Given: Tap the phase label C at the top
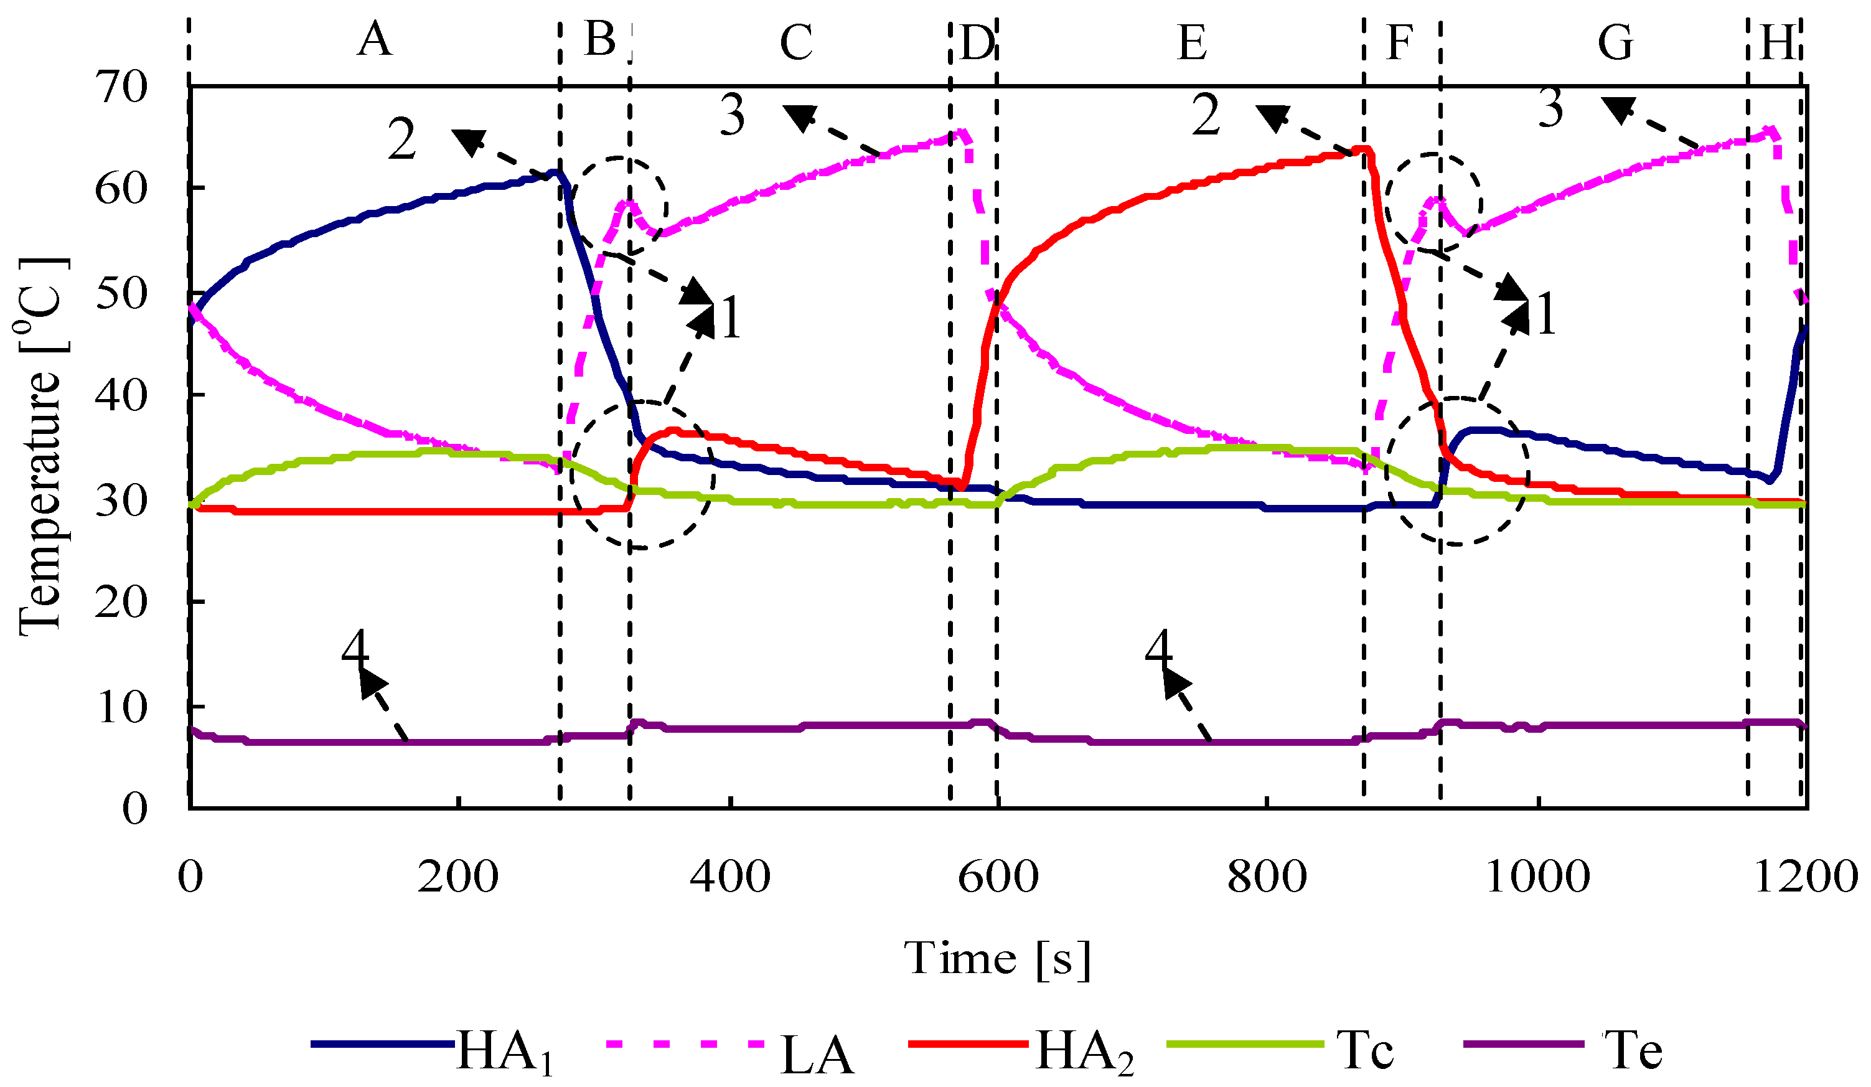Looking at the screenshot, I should (x=796, y=42).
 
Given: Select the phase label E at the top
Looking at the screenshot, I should (x=1192, y=42).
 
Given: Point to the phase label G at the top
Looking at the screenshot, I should (x=1615, y=42).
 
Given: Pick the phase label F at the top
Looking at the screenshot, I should (x=1399, y=42).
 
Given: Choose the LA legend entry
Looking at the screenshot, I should (x=817, y=1055).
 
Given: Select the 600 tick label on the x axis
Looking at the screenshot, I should (x=998, y=877).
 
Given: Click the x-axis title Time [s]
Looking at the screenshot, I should (x=997, y=957).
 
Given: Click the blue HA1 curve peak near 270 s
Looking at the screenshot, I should (x=555, y=172).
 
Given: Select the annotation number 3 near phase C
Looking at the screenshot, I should (x=733, y=116).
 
